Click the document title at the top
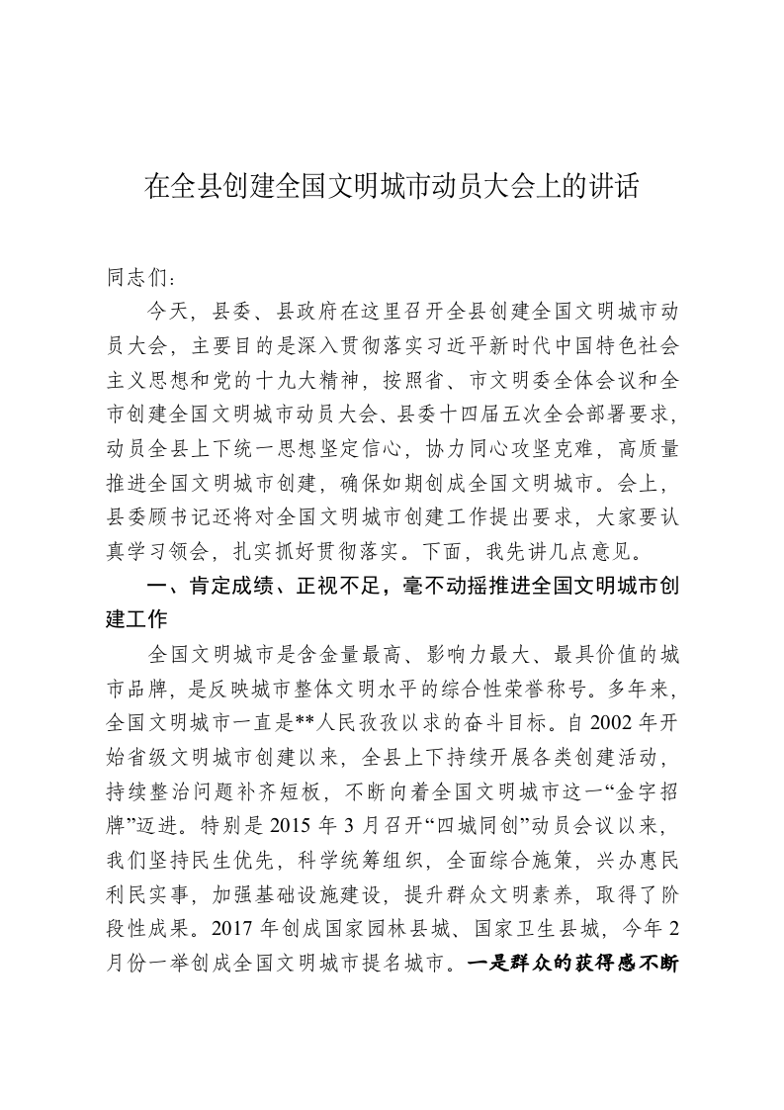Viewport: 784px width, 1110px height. tap(392, 187)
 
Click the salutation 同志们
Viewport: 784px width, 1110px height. tap(137, 280)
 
